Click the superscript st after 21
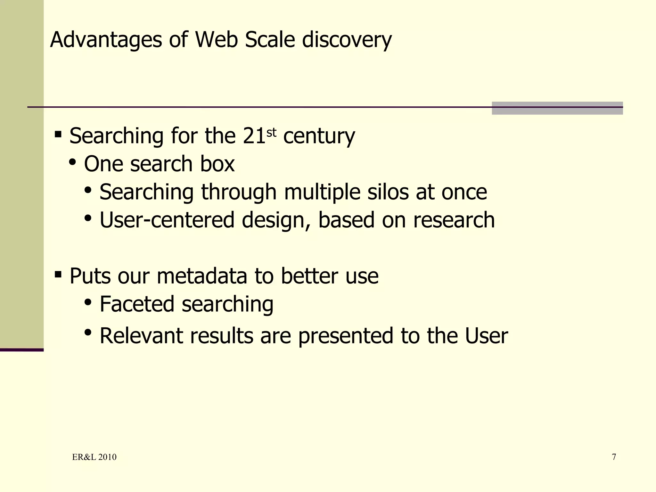point(271,132)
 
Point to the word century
point(319,136)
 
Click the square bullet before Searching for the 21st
point(58,134)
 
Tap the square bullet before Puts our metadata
point(58,274)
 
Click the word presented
point(346,336)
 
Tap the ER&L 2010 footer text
point(94,457)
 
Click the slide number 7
point(614,457)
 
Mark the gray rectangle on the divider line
point(557,108)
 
